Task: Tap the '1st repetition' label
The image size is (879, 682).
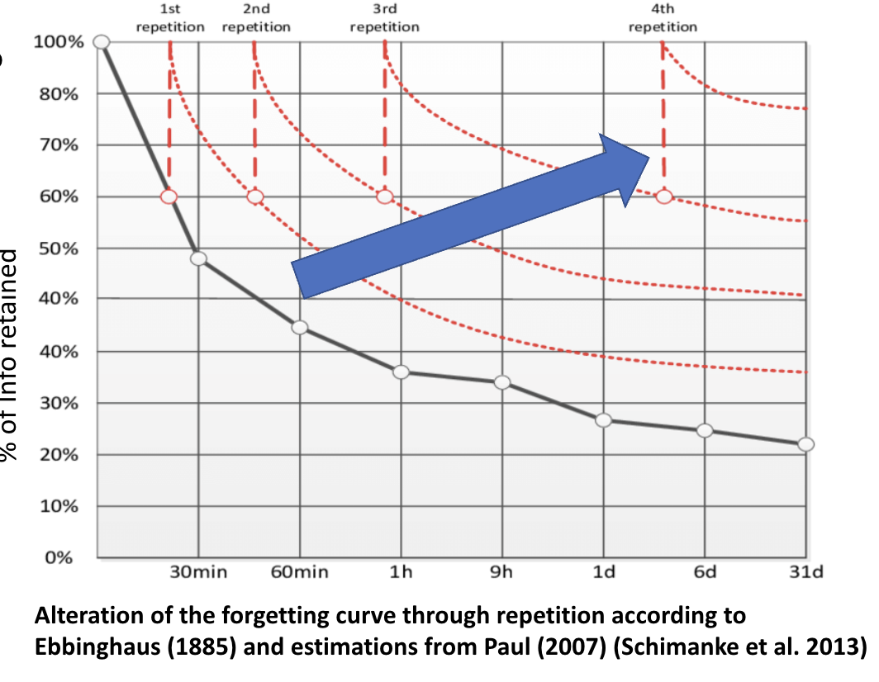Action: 170,20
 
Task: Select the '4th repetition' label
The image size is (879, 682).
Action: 663,20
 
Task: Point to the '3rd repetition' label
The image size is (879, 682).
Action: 384,20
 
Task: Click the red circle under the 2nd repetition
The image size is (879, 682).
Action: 255,197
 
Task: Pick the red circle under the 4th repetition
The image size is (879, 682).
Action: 664,197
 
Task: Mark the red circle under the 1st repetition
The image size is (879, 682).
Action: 169,197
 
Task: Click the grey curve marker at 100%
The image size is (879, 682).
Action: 102,41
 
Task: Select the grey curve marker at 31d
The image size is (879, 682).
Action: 805,444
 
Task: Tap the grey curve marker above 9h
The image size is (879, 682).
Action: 501,382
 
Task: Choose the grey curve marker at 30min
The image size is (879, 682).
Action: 198,258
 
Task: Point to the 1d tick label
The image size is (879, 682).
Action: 604,572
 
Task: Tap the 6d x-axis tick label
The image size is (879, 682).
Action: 704,572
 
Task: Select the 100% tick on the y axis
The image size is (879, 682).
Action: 58,42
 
